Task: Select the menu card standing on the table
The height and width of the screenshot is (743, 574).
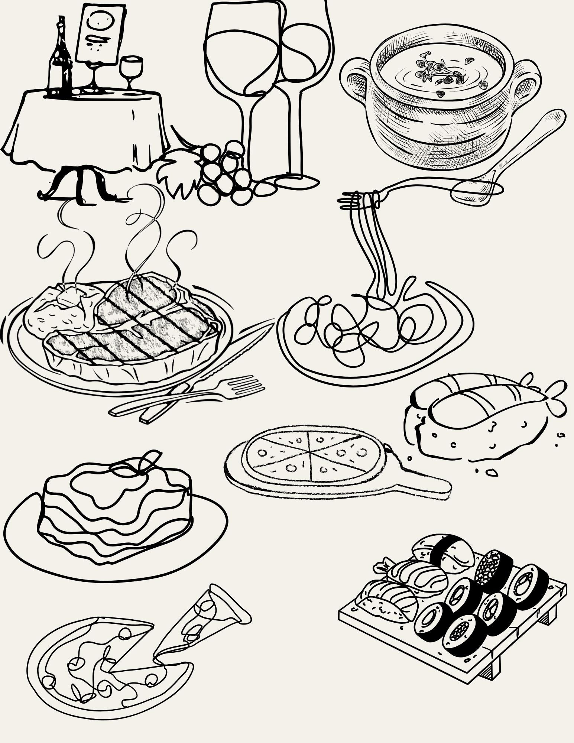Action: tap(100, 33)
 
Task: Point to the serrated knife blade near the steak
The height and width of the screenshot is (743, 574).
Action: tap(238, 349)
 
